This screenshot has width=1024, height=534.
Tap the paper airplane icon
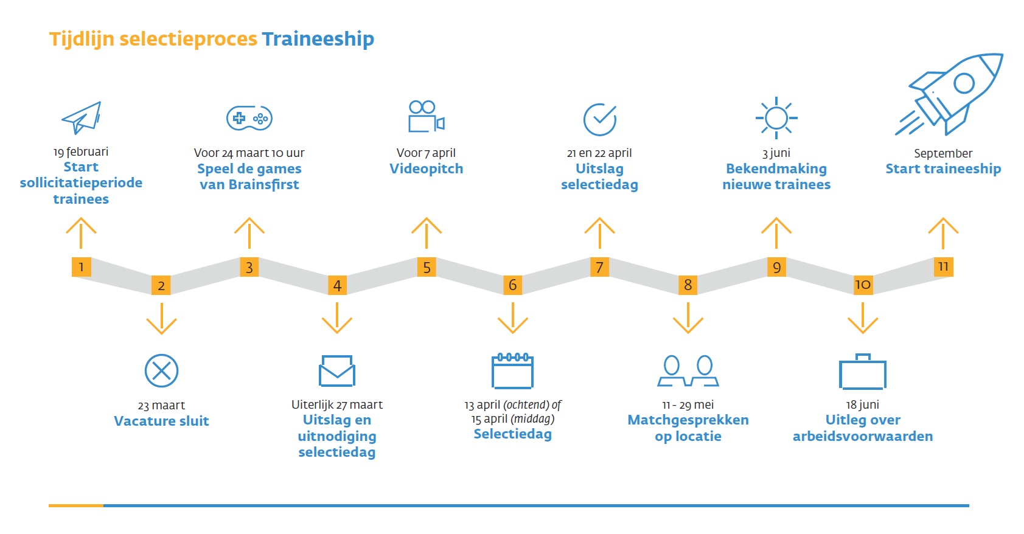tap(82, 117)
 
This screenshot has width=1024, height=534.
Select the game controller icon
tap(249, 118)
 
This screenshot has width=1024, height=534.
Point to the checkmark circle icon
tap(600, 119)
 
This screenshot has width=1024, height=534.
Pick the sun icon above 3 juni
tap(776, 117)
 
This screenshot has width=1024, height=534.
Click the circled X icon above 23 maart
tap(161, 370)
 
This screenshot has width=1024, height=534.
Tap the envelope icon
tap(337, 370)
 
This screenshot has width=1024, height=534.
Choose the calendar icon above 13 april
tap(512, 370)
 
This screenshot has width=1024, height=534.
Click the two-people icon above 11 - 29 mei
tap(688, 371)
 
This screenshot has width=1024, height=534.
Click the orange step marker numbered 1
tap(82, 267)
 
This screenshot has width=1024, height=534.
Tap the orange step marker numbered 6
tap(513, 285)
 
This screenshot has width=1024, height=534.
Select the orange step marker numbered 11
tap(943, 266)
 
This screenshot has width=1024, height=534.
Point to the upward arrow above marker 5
tap(427, 232)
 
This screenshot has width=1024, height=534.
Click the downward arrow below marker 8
tap(688, 317)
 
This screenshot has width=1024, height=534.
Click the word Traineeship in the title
tap(318, 39)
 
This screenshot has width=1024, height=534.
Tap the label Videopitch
tap(426, 168)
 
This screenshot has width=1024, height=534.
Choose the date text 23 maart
tap(161, 405)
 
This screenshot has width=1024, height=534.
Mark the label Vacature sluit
tap(161, 421)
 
